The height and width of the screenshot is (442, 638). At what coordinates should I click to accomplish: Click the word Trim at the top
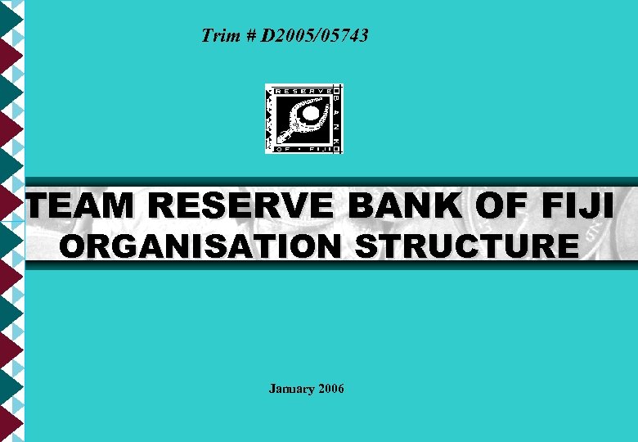[218, 36]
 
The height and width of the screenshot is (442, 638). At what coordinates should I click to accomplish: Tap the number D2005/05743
[315, 36]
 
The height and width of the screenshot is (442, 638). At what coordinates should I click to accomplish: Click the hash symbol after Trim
[248, 36]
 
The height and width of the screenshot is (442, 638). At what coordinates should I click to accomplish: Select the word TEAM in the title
[75, 205]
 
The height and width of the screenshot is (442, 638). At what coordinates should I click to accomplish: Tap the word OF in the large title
[503, 205]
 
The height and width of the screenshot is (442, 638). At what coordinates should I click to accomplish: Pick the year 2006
[330, 389]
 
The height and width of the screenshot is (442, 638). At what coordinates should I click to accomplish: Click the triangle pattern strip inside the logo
[270, 119]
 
